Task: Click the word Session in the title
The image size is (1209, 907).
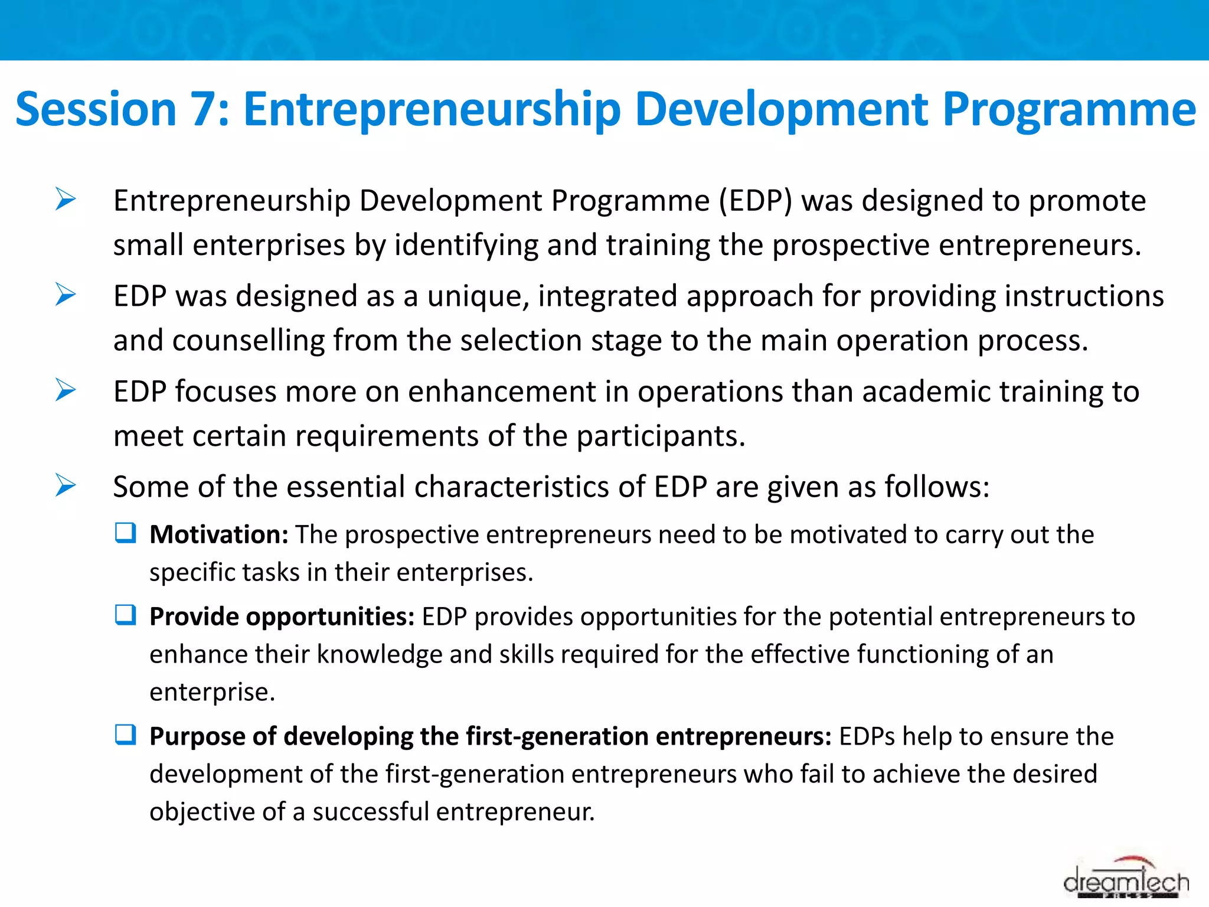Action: tap(96, 110)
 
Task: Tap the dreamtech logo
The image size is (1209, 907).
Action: tap(1126, 880)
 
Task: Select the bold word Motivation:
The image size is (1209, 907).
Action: tap(218, 534)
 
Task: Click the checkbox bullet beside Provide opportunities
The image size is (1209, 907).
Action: tap(126, 615)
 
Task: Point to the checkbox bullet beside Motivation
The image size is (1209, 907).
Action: tap(126, 533)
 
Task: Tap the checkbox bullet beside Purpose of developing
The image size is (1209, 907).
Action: tap(126, 735)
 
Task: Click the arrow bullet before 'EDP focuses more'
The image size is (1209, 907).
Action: tap(66, 390)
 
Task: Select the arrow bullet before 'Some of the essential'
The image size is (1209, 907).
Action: tap(66, 485)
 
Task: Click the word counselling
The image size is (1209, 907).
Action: tap(248, 341)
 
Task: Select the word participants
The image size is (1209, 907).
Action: tap(660, 436)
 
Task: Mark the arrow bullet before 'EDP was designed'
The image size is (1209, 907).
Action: tap(66, 295)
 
